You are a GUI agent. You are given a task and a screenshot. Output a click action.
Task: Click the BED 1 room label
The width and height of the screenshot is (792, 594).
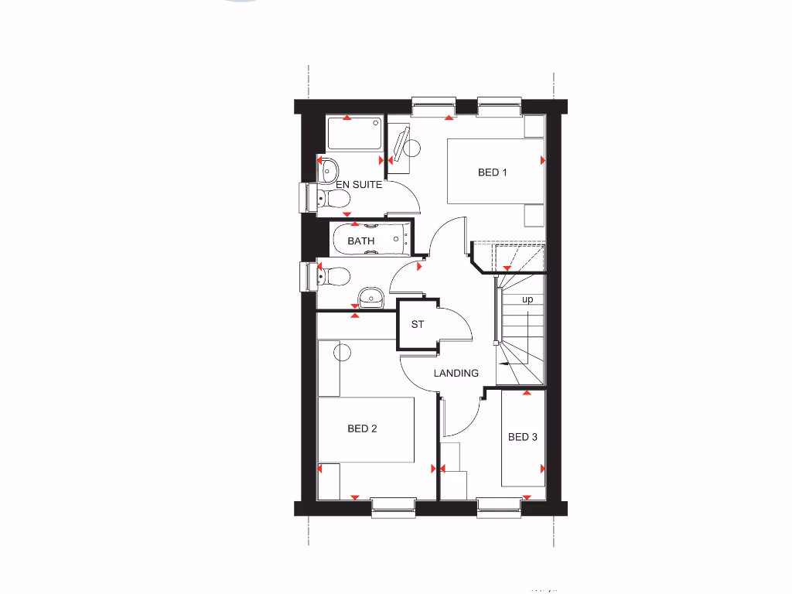click(492, 172)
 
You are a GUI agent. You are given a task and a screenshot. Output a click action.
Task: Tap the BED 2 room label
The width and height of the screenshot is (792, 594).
click(362, 428)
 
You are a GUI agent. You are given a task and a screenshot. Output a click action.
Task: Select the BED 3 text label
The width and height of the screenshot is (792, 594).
click(523, 437)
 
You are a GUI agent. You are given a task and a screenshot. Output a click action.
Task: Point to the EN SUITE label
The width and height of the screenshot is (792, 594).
click(359, 186)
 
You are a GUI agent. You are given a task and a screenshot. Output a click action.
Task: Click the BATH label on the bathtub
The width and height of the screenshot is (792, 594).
click(360, 241)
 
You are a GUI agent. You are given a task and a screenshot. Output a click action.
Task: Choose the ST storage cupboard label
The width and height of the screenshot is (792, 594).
click(418, 325)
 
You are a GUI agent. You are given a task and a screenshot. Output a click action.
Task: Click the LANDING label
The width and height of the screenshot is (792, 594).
click(456, 373)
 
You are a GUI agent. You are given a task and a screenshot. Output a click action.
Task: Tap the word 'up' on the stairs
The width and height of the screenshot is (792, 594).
click(527, 299)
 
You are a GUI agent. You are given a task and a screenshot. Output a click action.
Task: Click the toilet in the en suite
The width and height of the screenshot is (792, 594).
click(334, 199)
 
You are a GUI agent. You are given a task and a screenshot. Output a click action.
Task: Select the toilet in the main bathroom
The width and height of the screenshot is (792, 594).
click(333, 275)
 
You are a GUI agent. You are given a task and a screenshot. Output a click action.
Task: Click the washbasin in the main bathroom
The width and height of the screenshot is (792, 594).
click(371, 295)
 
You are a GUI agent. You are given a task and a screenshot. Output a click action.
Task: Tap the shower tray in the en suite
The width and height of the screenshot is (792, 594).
click(354, 134)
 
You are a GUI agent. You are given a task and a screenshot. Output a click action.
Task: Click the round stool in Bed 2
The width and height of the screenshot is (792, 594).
click(343, 353)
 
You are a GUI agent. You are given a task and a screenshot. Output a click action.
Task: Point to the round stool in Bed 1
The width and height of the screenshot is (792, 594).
click(411, 148)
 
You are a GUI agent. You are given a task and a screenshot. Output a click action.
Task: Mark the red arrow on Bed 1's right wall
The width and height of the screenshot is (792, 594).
click(543, 160)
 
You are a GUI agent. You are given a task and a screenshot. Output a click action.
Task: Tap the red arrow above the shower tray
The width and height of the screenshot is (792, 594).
click(347, 118)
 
